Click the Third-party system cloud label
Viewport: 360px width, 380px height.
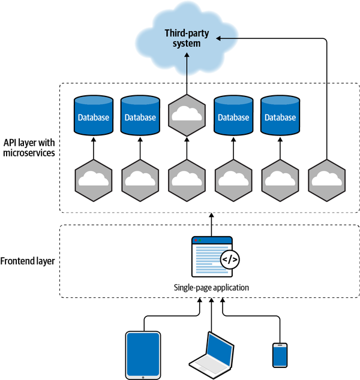182,38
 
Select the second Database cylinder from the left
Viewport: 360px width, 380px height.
140,117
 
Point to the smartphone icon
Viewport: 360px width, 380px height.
280,355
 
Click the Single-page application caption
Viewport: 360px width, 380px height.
211,288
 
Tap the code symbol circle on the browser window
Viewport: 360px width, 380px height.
230,260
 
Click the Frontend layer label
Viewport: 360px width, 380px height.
28,261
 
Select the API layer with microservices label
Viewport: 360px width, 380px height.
28,148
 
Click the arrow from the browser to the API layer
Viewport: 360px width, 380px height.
211,224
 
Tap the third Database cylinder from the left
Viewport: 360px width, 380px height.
233,117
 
